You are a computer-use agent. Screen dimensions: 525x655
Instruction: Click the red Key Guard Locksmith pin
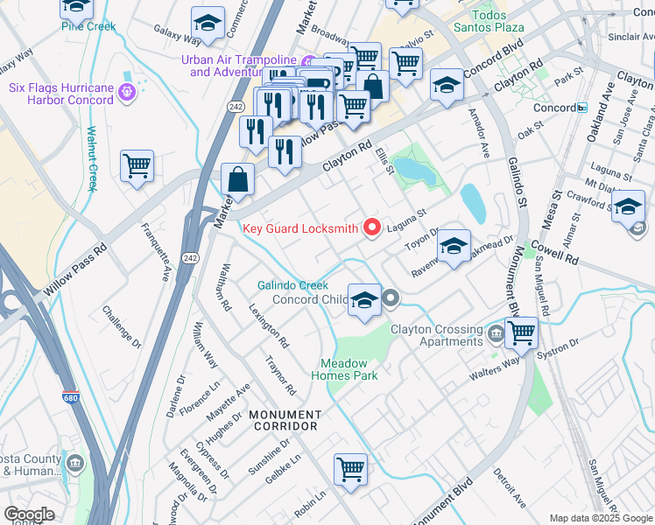tap(371, 227)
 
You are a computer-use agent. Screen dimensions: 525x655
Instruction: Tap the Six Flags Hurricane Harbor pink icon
tap(125, 91)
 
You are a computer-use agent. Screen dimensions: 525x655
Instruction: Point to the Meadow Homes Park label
tap(349, 369)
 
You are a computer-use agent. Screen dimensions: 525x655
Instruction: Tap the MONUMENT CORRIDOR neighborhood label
tap(285, 420)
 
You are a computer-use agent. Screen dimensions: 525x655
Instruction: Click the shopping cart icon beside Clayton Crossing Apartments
tap(521, 332)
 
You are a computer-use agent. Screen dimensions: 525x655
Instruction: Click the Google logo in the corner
tap(29, 514)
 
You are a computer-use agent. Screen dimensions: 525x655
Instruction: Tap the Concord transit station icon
tap(582, 108)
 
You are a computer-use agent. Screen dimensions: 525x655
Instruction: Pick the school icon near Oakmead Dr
tap(454, 247)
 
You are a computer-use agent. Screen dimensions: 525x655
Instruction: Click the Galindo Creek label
tap(292, 285)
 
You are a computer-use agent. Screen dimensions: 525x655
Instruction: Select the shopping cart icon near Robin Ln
tap(351, 469)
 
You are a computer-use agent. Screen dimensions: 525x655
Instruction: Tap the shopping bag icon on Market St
tap(237, 179)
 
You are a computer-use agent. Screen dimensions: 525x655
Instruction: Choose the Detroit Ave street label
tap(509, 488)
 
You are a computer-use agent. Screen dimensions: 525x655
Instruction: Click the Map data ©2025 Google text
tap(600, 518)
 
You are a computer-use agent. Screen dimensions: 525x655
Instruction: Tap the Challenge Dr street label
tap(121, 323)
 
